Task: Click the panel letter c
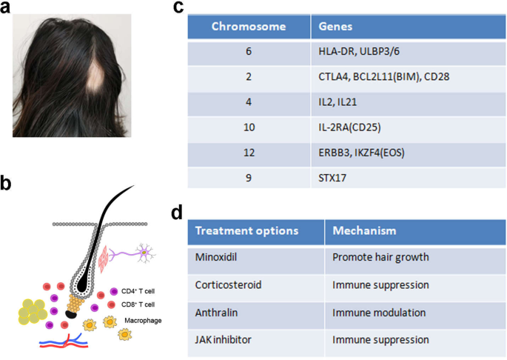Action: (x=178, y=9)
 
